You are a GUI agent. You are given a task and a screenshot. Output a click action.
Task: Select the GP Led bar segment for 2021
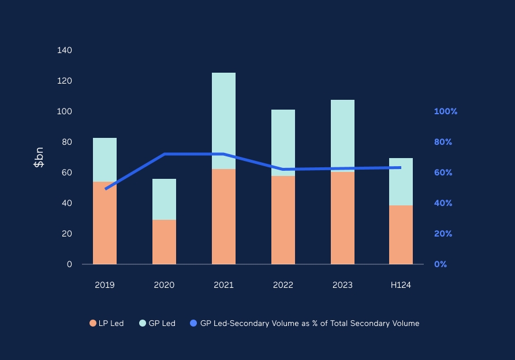click(x=223, y=121)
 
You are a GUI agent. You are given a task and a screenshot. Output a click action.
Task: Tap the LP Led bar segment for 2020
click(x=164, y=242)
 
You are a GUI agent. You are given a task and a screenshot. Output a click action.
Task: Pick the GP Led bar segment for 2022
click(x=283, y=142)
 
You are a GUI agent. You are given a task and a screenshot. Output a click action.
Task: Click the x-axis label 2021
click(x=223, y=285)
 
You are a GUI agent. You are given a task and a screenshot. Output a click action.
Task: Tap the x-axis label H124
click(x=401, y=285)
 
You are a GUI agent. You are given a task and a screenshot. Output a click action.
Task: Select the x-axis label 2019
click(x=105, y=285)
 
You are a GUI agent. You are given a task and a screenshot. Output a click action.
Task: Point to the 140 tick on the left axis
click(x=65, y=50)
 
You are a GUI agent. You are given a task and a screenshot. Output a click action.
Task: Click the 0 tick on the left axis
click(x=69, y=264)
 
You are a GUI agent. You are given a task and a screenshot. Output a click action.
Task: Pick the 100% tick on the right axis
click(x=445, y=111)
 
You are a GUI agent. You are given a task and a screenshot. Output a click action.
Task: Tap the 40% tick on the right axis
click(x=443, y=203)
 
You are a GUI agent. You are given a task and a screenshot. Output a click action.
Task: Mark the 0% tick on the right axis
click(x=441, y=264)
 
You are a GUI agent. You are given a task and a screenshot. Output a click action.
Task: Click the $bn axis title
click(x=39, y=157)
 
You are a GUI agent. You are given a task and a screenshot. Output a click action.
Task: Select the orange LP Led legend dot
click(x=93, y=324)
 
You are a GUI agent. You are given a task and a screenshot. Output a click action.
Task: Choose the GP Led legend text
click(x=162, y=324)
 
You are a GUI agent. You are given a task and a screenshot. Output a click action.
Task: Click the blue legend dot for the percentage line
click(x=194, y=324)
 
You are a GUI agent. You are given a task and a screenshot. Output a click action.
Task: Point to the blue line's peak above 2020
click(x=164, y=154)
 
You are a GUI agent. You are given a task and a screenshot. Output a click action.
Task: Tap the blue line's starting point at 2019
click(x=106, y=189)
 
